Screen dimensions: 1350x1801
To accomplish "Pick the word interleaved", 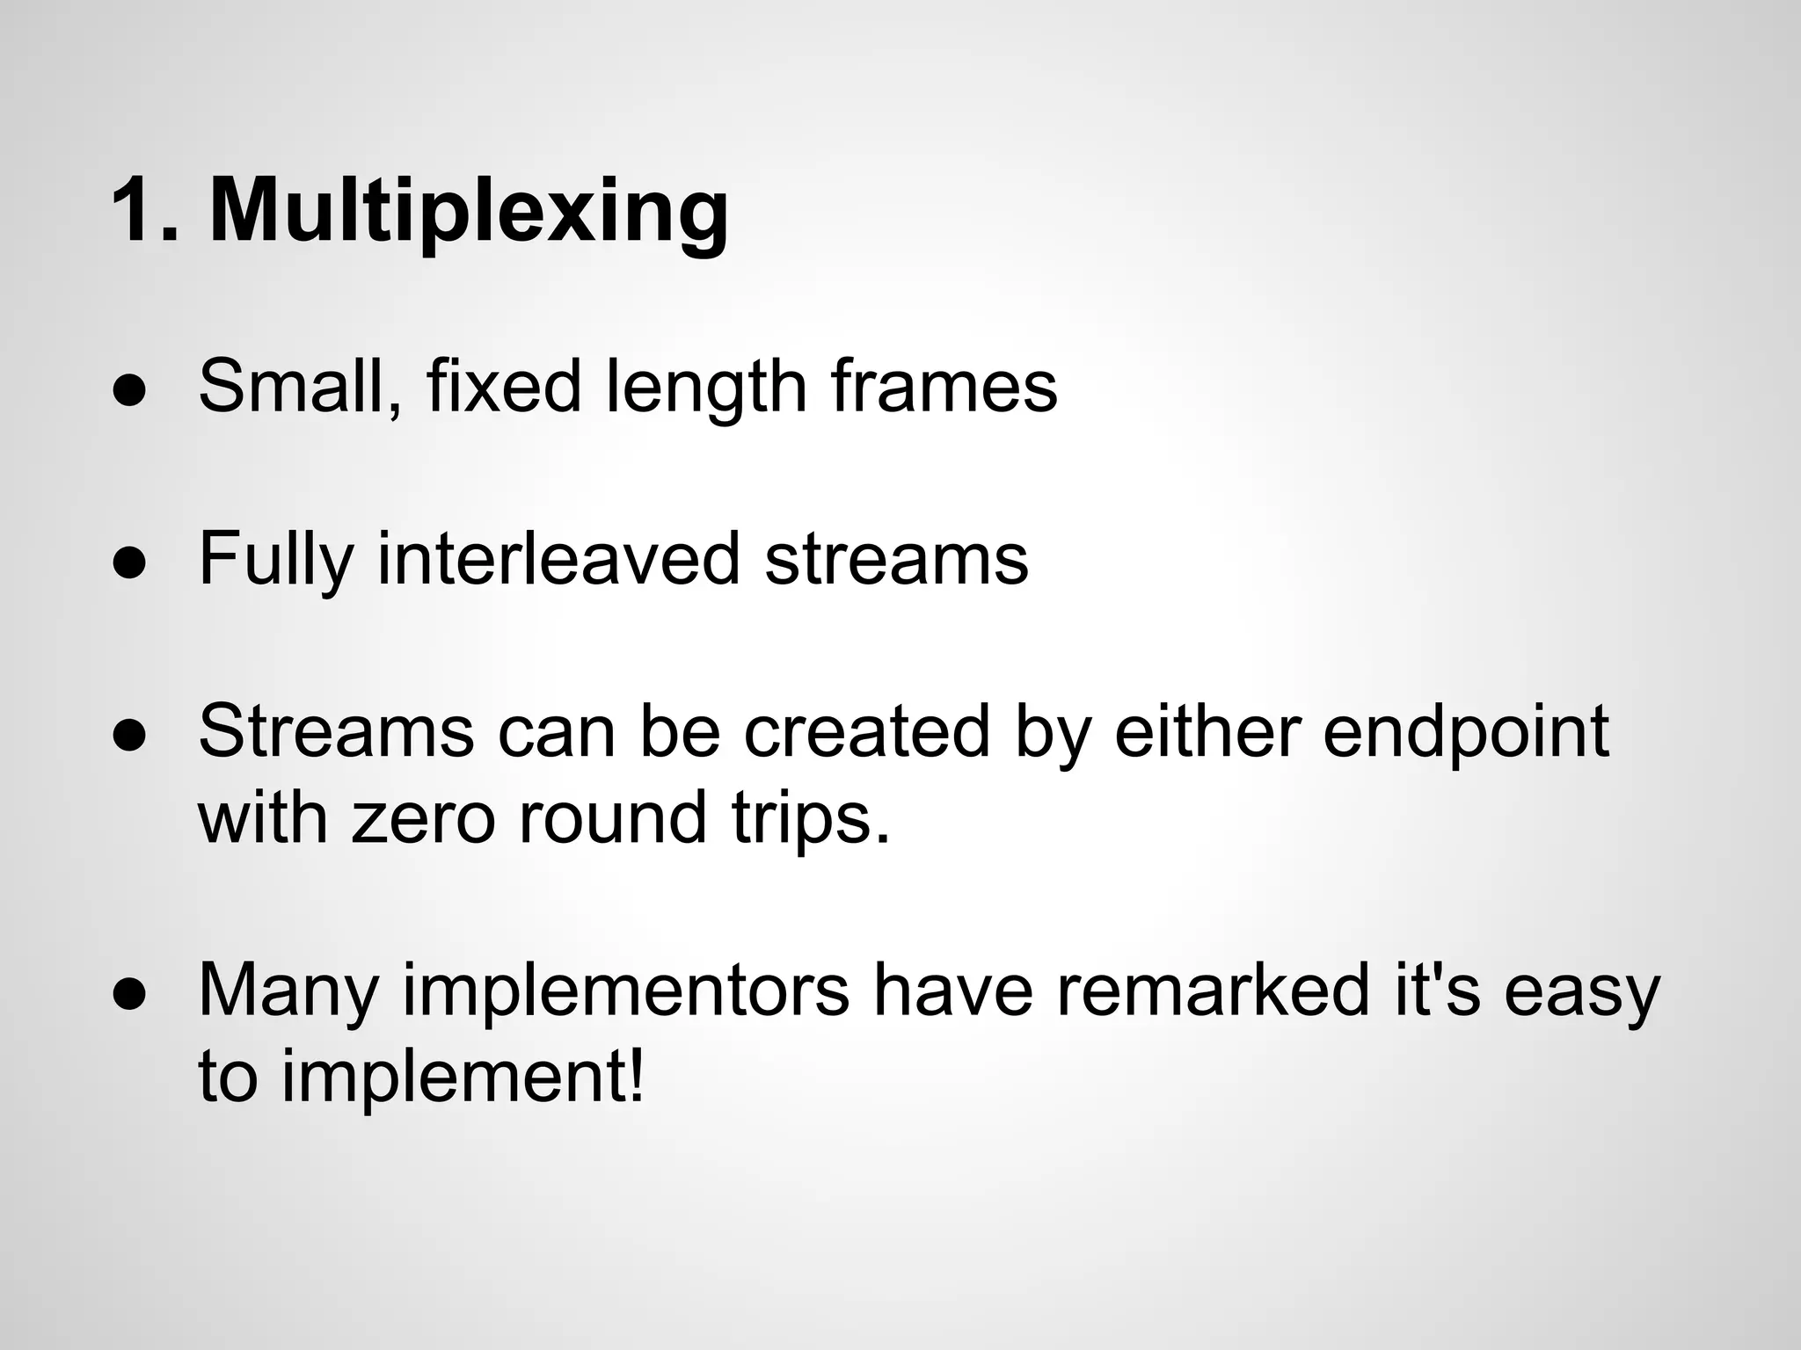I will pos(558,559).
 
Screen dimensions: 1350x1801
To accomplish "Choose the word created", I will pos(866,731).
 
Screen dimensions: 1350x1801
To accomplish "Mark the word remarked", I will pos(1213,991).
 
